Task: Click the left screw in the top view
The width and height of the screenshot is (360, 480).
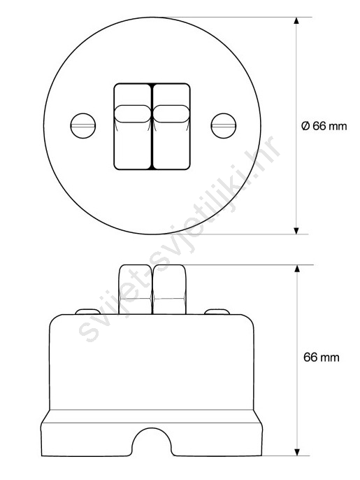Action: click(83, 126)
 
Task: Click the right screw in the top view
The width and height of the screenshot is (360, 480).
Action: click(224, 126)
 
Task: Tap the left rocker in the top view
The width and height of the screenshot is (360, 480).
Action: click(133, 127)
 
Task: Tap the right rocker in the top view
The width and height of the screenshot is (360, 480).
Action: click(171, 127)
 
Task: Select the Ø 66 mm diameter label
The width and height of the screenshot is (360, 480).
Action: click(324, 126)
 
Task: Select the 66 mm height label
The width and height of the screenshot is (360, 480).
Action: click(322, 358)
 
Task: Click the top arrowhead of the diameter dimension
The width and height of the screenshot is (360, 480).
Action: click(296, 20)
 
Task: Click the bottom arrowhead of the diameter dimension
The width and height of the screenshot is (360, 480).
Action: click(296, 231)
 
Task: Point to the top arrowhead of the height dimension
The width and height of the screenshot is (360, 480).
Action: click(296, 269)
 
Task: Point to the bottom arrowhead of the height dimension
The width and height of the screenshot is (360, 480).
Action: click(296, 452)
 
